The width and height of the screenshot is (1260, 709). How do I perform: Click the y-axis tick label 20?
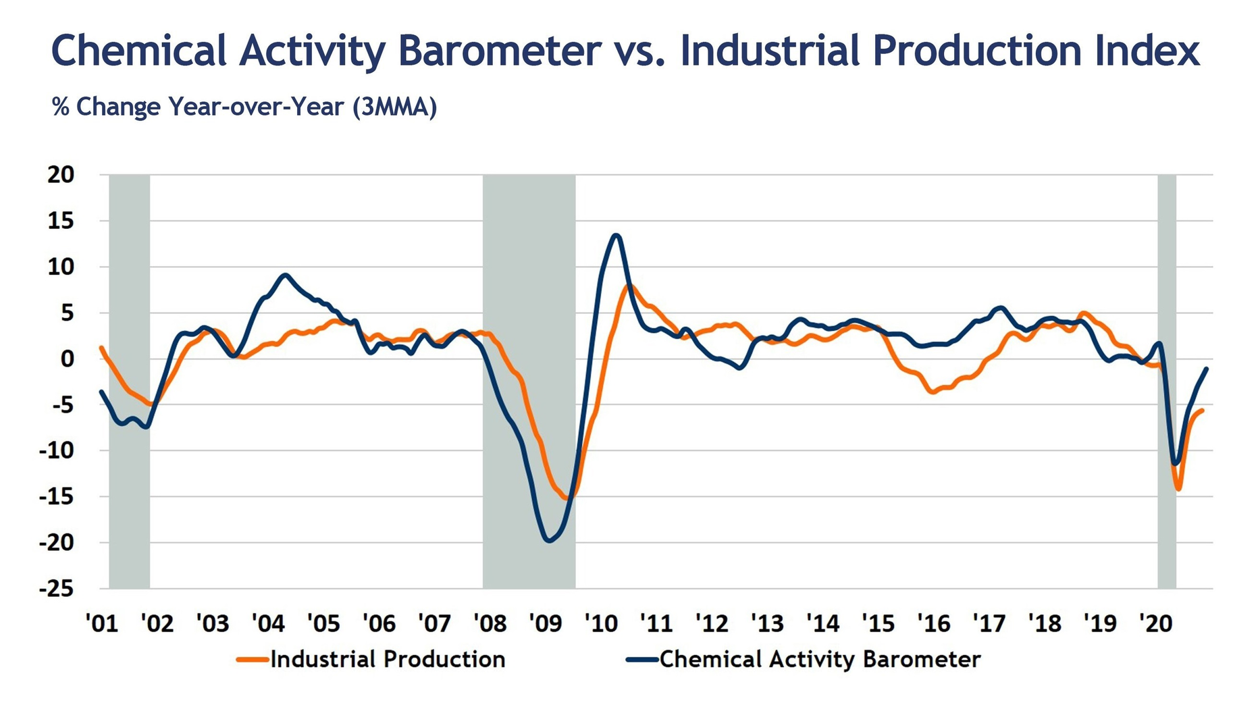pos(61,175)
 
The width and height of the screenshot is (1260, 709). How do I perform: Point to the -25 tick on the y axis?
pos(56,589)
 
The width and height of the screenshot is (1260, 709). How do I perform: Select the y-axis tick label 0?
pos(68,359)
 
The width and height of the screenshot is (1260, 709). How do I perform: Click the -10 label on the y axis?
pos(56,450)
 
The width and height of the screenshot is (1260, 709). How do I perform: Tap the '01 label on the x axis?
pos(103,623)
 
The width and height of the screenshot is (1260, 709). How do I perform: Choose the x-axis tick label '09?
pos(546,623)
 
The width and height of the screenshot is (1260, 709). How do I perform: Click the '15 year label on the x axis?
pos(878,623)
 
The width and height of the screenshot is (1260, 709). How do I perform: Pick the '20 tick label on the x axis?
pos(1156,623)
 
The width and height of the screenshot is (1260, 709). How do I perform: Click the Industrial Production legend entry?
pos(371,659)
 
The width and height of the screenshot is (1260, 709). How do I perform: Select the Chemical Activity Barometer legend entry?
pos(804,659)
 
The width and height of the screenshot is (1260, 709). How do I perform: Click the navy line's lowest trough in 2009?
pos(548,540)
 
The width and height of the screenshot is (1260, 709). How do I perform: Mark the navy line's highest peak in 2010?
pos(616,235)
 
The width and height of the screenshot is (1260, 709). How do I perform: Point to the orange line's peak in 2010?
pos(629,286)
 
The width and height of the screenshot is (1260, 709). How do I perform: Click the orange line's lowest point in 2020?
pos(1178,488)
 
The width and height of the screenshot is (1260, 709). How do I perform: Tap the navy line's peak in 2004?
pos(285,275)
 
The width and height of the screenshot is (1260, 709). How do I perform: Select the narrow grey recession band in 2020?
pos(1167,382)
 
